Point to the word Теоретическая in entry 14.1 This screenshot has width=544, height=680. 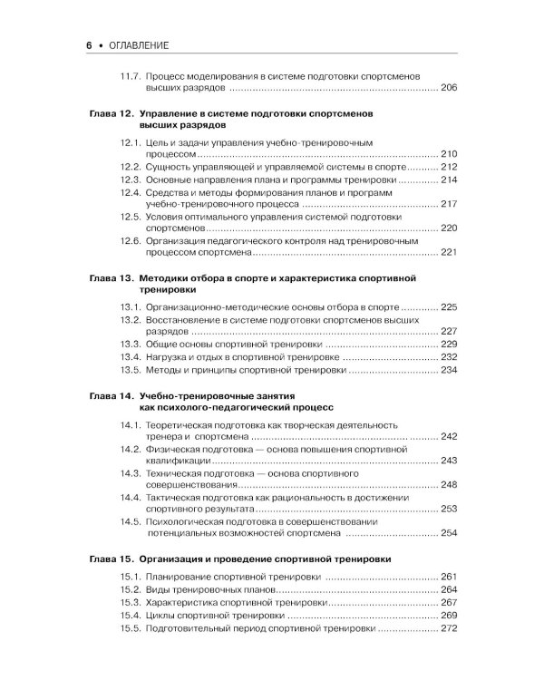tap(186, 423)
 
